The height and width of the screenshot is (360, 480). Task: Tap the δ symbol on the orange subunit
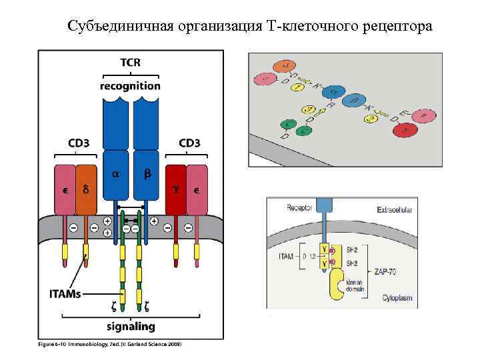[x=86, y=189]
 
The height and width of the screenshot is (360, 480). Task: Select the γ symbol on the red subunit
[x=176, y=189]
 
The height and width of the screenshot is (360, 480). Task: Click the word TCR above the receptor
[x=130, y=63]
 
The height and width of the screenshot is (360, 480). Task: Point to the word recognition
[x=130, y=85]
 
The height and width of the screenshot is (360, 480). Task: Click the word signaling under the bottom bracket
[x=130, y=327]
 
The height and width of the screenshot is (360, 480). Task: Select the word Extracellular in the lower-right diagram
[x=395, y=211]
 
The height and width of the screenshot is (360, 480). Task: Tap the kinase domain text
[x=357, y=287]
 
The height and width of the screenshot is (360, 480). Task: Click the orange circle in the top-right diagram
[x=287, y=65]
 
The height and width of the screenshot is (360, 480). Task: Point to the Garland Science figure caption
[x=109, y=344]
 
